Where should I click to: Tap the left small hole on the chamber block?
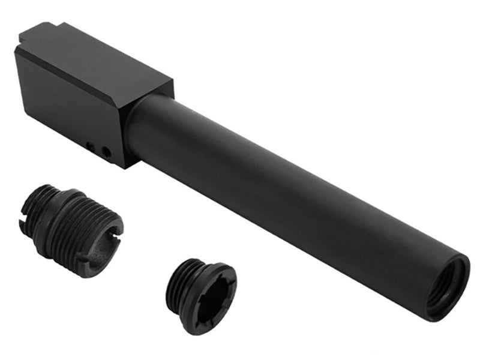pos(90,146)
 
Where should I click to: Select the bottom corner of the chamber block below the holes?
pos(123,164)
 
